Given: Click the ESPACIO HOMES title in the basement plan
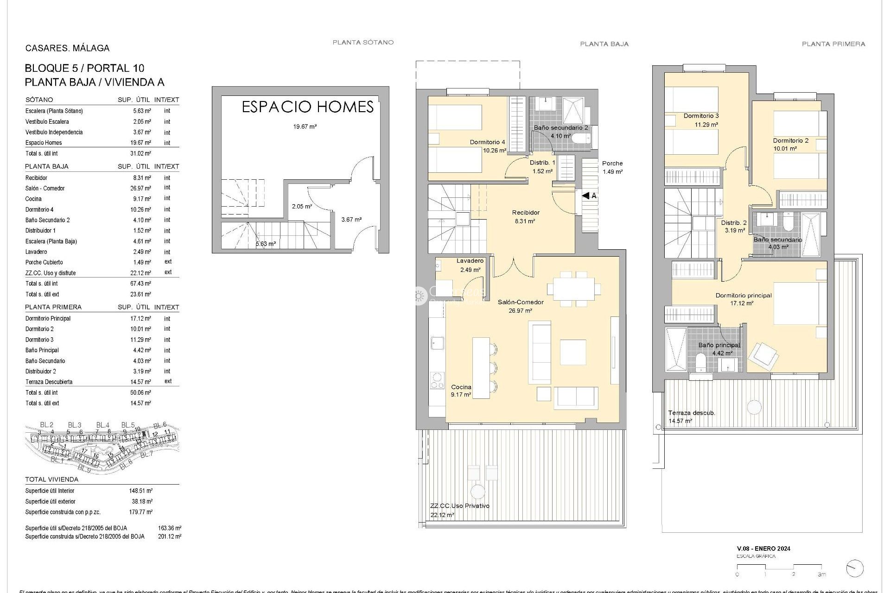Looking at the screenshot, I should [x=308, y=107].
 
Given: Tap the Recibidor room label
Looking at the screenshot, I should [x=526, y=213].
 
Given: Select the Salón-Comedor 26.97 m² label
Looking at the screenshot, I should [x=520, y=306].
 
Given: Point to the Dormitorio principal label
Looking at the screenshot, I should [x=743, y=296].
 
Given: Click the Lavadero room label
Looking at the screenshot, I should [x=470, y=261].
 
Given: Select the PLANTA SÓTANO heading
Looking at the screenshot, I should [x=363, y=42].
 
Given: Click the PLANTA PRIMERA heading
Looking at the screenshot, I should [x=833, y=44].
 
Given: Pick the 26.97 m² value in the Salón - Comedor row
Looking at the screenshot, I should [x=141, y=189].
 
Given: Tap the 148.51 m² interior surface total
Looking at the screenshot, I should [x=141, y=491].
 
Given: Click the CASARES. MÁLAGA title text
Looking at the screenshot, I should [x=67, y=48].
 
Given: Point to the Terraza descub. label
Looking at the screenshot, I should [x=691, y=413].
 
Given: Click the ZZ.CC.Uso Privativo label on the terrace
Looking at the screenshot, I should [x=459, y=506].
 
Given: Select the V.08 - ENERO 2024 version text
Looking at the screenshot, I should [x=763, y=549].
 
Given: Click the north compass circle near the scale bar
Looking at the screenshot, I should [x=854, y=569].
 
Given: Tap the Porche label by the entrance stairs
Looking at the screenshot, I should [x=612, y=164].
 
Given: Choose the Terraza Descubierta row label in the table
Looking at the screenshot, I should [x=49, y=382].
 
